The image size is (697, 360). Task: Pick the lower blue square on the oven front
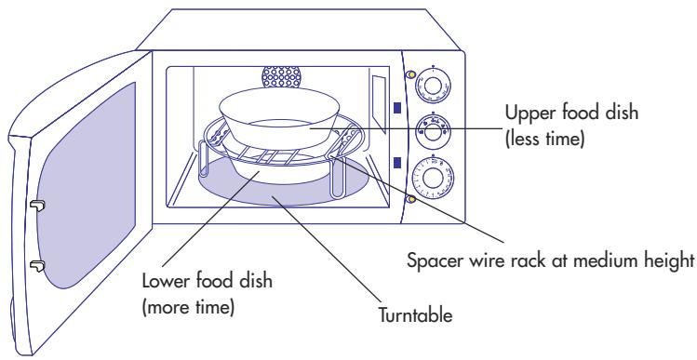398,164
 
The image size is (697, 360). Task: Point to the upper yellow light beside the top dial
410,74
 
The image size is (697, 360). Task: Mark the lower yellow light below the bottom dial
410,198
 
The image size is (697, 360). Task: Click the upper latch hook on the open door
37,206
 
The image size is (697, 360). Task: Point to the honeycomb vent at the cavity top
280,75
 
